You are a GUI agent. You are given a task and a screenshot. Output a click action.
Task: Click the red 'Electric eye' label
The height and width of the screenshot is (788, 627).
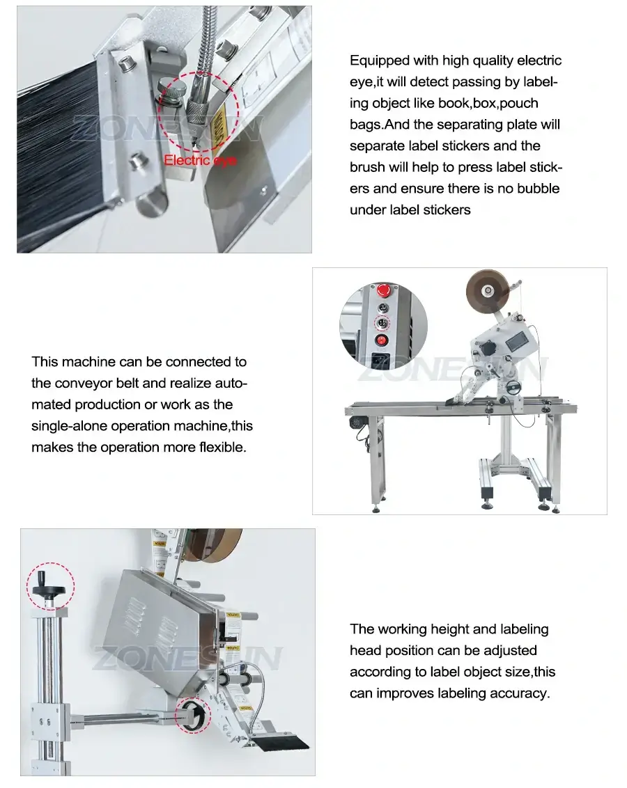coord(200,161)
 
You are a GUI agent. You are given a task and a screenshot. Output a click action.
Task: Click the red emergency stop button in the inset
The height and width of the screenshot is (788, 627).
coord(382,290)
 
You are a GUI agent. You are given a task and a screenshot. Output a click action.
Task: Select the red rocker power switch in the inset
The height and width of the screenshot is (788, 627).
coord(382,341)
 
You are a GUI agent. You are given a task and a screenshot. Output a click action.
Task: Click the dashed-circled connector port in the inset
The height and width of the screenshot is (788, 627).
coord(381,323)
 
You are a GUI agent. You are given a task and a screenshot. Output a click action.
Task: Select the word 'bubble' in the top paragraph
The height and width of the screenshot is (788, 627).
coord(536,188)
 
